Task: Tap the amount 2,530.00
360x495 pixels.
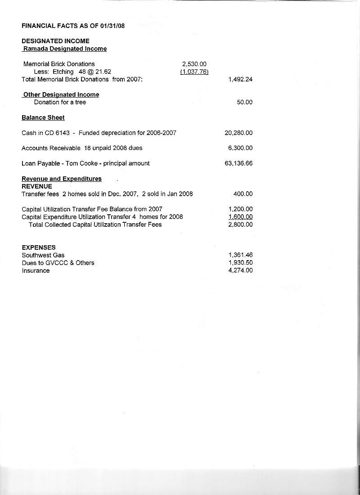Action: pyautogui.click(x=194, y=64)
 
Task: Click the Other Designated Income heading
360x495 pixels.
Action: pyautogui.click(x=61, y=94)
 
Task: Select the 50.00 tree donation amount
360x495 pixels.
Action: pyautogui.click(x=244, y=102)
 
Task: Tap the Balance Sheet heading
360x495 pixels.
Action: pyautogui.click(x=43, y=117)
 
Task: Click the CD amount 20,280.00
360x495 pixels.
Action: pyautogui.click(x=238, y=133)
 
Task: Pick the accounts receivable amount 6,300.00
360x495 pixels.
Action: pyautogui.click(x=240, y=148)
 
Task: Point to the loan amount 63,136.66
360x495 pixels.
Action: pyautogui.click(x=238, y=163)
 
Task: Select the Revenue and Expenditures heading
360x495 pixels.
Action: pyautogui.click(x=62, y=179)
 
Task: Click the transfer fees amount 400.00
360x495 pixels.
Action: pyautogui.click(x=243, y=194)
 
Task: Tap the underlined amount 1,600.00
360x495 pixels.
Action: pyautogui.click(x=240, y=217)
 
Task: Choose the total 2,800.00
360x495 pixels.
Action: pyautogui.click(x=240, y=225)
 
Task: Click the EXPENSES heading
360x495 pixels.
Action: pyautogui.click(x=39, y=247)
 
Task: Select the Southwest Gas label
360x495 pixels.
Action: pyautogui.click(x=43, y=255)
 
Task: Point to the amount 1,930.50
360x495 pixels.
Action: pyautogui.click(x=240, y=263)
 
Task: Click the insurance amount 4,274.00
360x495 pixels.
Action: pyautogui.click(x=240, y=270)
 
